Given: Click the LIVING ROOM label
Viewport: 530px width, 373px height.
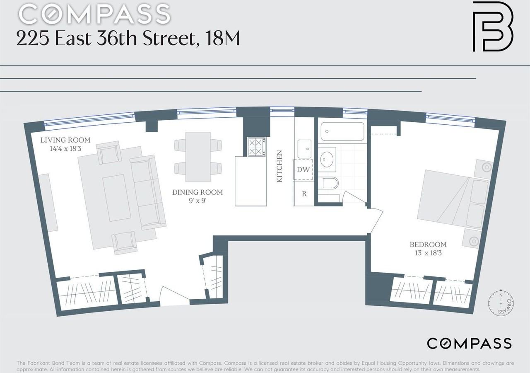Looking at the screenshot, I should [65, 140].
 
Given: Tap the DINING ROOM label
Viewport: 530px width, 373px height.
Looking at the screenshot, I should [198, 192].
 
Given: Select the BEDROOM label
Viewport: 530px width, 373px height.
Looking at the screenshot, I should [428, 245].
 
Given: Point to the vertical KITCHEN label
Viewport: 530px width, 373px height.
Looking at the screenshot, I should [279, 167].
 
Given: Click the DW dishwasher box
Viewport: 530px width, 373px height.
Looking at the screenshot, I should [303, 170].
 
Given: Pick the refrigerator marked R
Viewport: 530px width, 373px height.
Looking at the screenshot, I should [304, 194].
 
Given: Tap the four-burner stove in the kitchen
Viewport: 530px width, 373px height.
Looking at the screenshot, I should [256, 147].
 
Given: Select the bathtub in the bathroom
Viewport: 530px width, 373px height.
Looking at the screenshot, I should [342, 132].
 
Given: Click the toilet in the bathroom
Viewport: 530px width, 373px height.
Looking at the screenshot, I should [330, 183].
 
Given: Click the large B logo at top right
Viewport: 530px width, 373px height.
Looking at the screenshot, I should [493, 27].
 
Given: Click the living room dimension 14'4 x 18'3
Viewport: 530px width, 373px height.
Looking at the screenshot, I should [65, 148].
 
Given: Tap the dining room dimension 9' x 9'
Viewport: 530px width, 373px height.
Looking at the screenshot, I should [197, 200].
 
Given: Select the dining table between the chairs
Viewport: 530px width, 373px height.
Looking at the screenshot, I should [198, 157].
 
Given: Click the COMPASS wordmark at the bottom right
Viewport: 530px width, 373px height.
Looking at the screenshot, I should [469, 344].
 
